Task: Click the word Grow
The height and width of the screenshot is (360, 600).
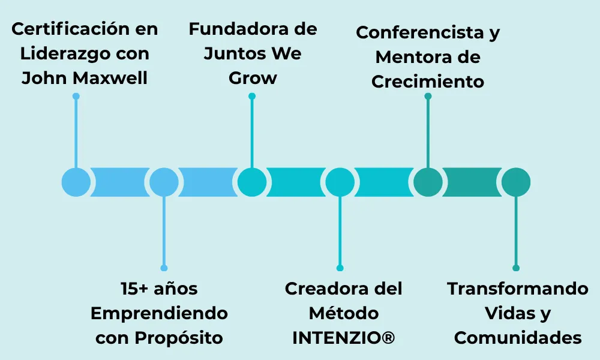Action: coord(253,78)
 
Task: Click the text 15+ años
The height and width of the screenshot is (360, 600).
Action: coord(159,289)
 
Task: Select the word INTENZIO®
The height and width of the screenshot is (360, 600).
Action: coord(343,338)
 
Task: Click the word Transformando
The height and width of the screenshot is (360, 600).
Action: coord(517,289)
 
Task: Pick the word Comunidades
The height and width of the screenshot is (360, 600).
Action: coord(517,338)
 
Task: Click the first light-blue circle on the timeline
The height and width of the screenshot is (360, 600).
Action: coord(76,182)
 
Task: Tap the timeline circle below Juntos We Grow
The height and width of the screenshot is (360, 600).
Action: coord(252,182)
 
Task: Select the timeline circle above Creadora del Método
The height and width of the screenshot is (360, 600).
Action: coord(340,182)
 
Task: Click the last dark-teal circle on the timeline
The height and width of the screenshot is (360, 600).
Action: coord(516,182)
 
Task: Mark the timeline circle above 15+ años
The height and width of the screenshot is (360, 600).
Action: coord(164,182)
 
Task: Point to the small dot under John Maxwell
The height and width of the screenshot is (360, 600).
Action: coord(76,96)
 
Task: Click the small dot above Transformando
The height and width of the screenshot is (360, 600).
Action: coord(516,268)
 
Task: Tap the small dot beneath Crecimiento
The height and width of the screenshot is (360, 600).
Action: coord(428,96)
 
